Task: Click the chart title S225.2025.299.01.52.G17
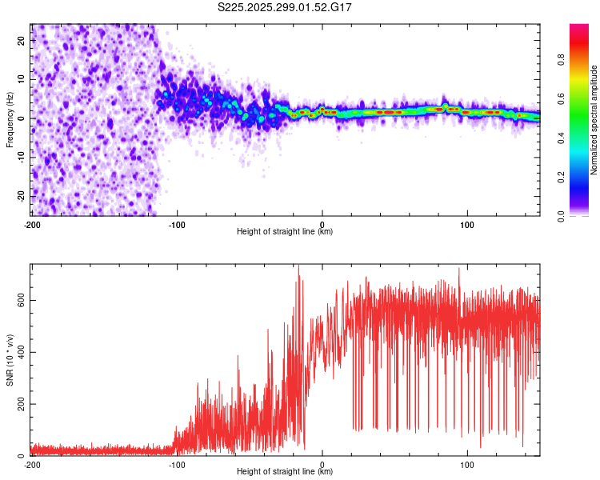[286, 7]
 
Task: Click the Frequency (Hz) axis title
[10, 120]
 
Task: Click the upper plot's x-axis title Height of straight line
[286, 231]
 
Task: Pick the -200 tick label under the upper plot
[32, 224]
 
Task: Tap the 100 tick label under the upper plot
[467, 224]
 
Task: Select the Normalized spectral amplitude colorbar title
[594, 120]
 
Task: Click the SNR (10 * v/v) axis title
[10, 360]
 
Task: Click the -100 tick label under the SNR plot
[177, 464]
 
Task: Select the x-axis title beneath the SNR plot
[286, 471]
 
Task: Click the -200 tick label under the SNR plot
[32, 464]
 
